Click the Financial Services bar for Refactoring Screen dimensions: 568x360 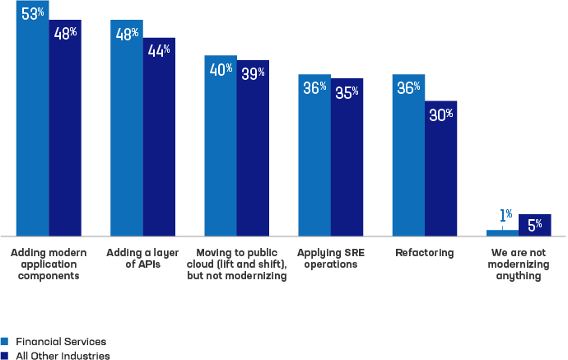408,155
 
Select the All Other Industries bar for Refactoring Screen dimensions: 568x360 441,169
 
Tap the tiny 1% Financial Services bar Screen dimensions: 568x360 502,233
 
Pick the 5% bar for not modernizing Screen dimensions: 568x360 535,225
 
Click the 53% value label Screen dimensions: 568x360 33,14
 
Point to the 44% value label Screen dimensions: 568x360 159,50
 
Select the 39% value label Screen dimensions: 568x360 253,73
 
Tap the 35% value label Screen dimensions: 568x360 347,92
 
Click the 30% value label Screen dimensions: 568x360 441,115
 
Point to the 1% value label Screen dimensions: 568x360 505,215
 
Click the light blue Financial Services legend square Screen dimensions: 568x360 4,342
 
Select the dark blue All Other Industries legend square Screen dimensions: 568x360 4,356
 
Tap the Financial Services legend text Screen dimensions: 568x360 61,342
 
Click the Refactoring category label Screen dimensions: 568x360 425,253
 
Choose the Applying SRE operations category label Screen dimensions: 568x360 331,259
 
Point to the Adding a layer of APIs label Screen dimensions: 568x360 142,258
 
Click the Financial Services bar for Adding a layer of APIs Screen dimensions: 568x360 127,128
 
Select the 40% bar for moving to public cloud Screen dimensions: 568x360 221,146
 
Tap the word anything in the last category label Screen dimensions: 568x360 519,276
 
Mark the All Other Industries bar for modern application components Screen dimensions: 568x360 65,128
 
